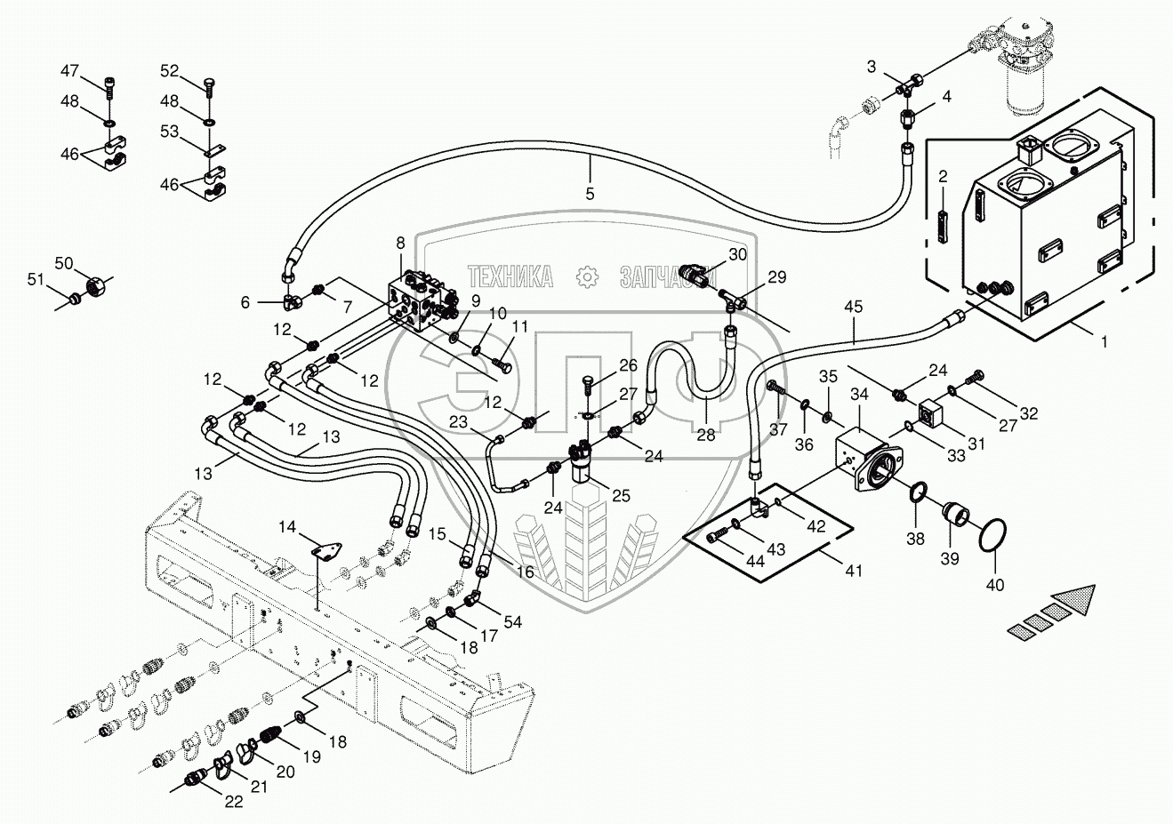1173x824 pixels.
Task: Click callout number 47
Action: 69,71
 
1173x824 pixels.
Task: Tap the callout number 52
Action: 170,71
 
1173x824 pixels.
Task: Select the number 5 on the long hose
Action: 590,193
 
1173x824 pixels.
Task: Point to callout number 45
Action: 854,308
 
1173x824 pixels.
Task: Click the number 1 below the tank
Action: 1104,341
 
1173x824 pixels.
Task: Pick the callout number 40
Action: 995,584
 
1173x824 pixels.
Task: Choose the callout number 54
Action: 513,621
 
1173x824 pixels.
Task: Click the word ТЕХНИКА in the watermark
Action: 510,277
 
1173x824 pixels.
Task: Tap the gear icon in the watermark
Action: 587,277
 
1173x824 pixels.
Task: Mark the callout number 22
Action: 233,801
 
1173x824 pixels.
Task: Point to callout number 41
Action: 855,571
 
